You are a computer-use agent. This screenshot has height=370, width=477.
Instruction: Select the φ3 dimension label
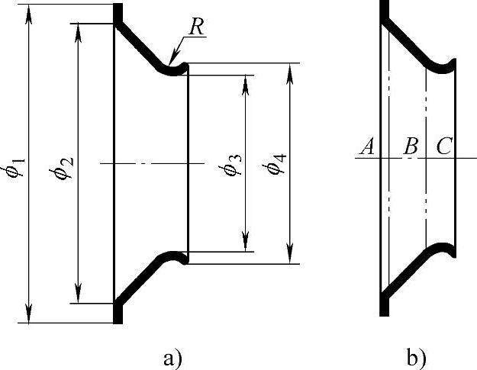[234, 165]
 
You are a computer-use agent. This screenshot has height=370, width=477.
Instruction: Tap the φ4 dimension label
[279, 165]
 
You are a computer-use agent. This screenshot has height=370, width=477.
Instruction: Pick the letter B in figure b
[411, 146]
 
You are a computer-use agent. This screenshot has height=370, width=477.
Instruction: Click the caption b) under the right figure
[416, 356]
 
